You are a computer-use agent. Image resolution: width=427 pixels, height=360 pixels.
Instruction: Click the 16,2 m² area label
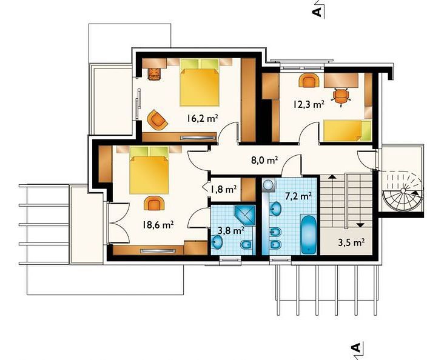tap(202, 119)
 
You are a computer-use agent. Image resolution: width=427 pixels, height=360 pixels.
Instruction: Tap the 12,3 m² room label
tap(309, 104)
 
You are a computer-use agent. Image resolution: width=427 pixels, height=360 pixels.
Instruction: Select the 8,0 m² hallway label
tap(264, 160)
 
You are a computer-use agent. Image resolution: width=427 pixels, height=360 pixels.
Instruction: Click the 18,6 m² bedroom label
tap(158, 225)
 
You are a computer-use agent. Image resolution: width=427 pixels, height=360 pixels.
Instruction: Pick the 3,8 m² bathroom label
tap(231, 231)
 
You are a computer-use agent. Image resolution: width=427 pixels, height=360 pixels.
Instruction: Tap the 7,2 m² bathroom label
tap(298, 196)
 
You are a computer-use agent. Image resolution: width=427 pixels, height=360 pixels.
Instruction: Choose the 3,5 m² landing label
tap(351, 242)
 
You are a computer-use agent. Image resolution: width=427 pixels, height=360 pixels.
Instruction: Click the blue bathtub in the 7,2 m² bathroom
tap(309, 235)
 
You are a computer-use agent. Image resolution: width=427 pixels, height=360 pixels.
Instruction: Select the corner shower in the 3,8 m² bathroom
tap(245, 215)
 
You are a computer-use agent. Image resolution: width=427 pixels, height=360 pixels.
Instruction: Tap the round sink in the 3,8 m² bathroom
tap(218, 242)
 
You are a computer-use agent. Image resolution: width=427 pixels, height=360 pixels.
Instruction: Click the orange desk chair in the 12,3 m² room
tap(340, 96)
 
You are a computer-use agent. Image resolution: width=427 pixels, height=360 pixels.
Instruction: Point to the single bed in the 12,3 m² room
tap(347, 131)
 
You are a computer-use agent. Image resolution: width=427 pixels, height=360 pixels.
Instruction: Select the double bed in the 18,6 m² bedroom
tap(149, 170)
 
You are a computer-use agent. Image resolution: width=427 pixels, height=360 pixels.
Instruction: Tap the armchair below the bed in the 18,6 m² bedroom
tap(154, 203)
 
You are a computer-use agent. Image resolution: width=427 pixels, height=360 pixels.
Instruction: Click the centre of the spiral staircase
tap(403, 191)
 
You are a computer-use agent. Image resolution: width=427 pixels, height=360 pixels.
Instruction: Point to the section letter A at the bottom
tap(355, 347)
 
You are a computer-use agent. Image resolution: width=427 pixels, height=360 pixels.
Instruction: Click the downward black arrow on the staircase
tap(360, 225)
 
